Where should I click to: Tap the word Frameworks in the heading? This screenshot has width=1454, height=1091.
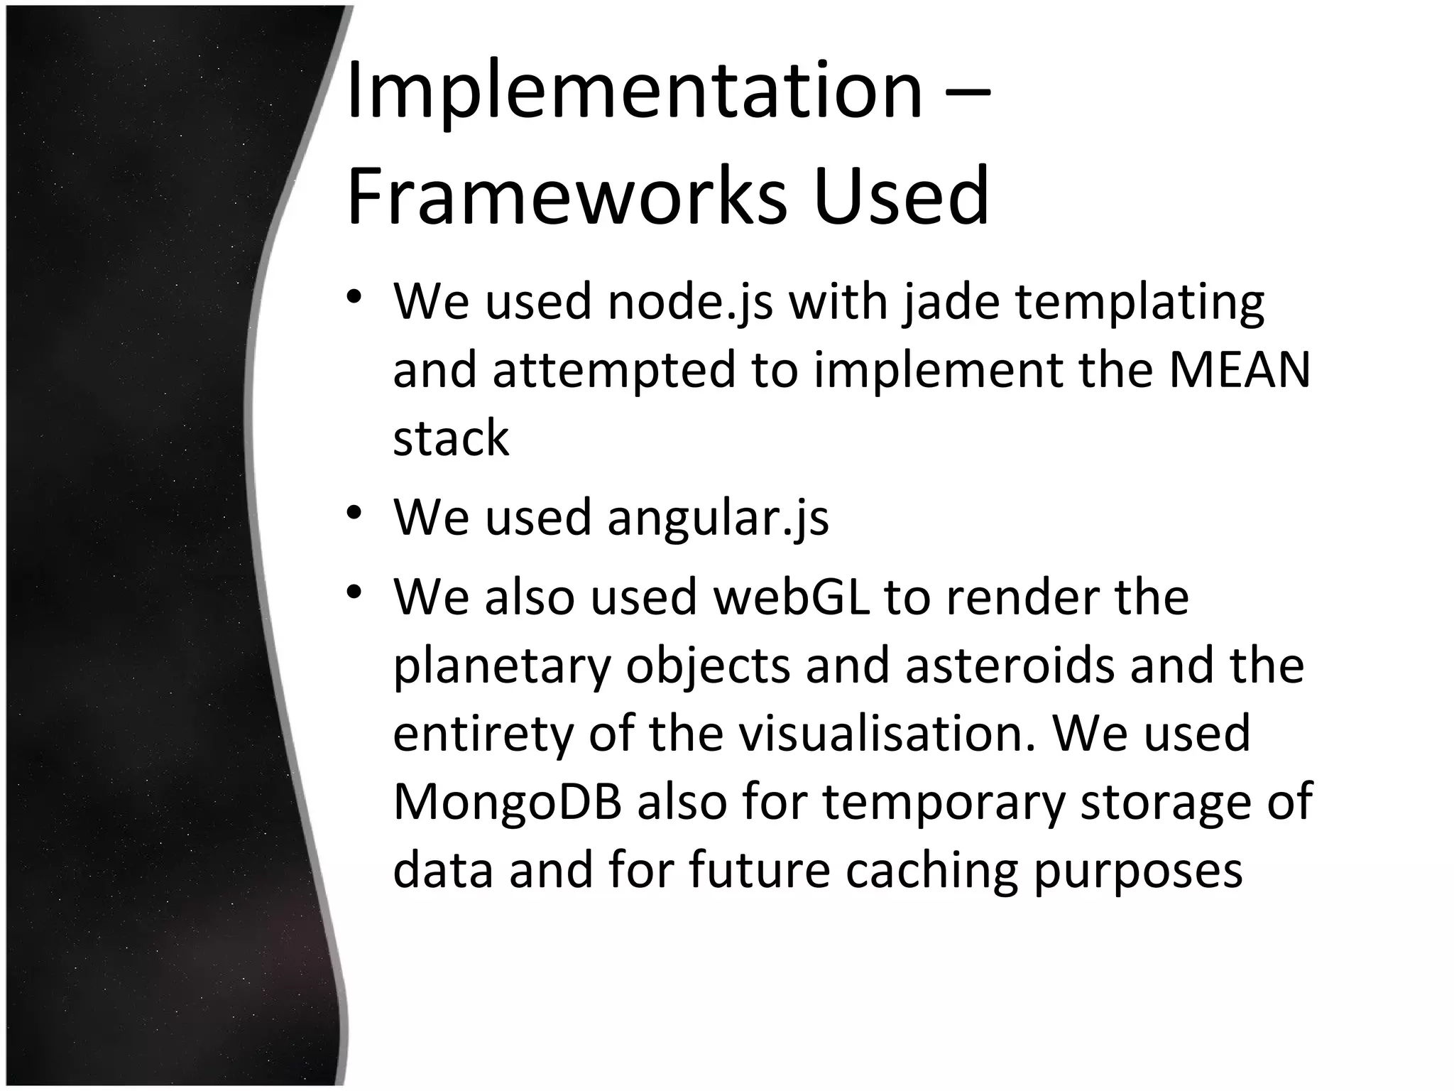click(567, 195)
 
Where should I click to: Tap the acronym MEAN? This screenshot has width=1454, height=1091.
click(1239, 370)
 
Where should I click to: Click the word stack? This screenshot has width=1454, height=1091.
click(451, 438)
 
